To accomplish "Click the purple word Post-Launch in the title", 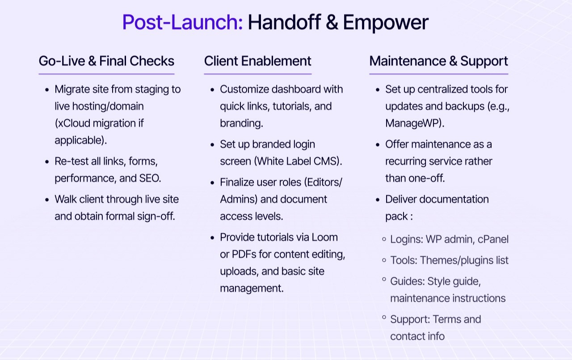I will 182,22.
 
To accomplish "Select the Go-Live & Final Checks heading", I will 106,61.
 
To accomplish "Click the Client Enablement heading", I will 257,61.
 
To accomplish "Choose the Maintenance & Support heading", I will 438,61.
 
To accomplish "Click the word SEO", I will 151,178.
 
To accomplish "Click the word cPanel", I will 493,239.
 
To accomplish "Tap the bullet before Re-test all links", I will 47,161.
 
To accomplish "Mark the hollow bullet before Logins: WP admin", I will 384,239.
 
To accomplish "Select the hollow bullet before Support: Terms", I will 384,318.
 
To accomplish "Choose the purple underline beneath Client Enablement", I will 257,74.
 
